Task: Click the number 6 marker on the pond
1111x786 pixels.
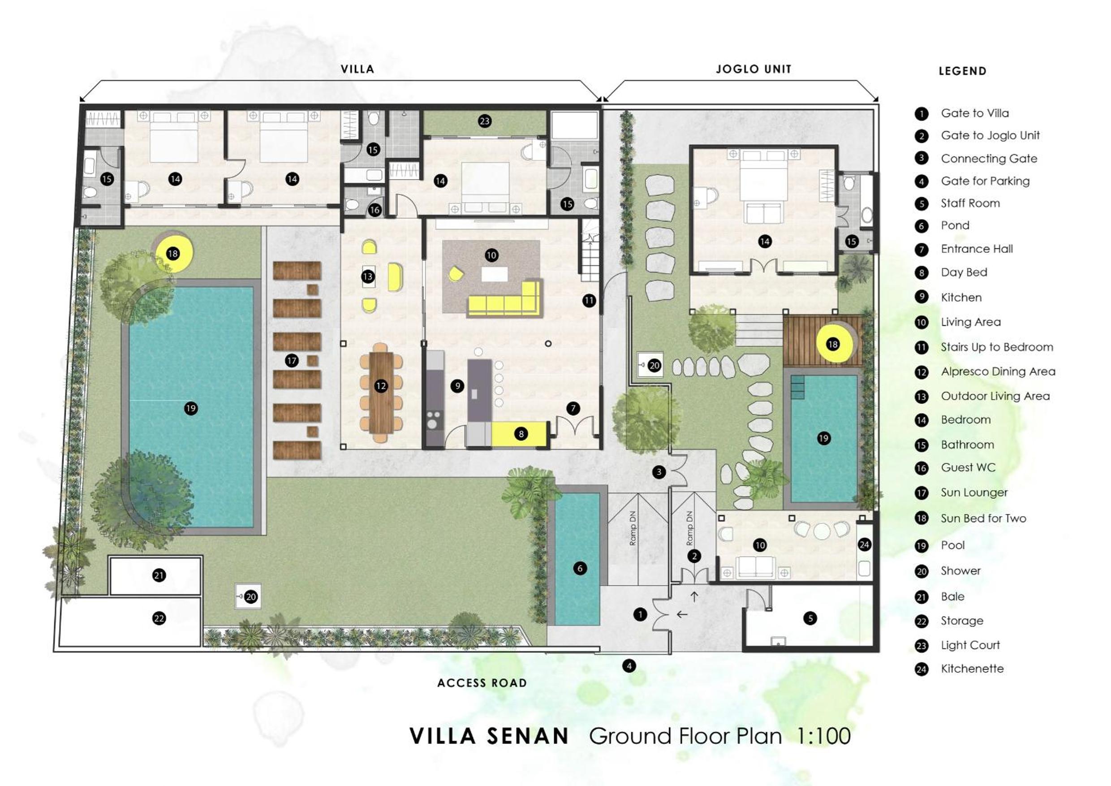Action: pos(580,569)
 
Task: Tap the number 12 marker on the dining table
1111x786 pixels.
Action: pos(381,386)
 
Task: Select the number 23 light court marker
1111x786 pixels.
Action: pos(484,121)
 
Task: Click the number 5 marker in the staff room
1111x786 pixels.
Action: pos(810,618)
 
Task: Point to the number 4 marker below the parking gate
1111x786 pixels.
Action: pos(629,666)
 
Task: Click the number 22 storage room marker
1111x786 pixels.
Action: pos(159,618)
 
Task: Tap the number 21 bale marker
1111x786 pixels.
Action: pos(159,575)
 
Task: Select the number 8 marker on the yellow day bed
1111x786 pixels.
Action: pos(521,434)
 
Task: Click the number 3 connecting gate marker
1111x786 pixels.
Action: pos(659,472)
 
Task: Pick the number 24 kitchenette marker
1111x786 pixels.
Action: pos(864,545)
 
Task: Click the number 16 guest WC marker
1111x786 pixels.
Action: pos(375,210)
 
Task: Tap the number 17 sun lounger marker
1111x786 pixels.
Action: pos(291,361)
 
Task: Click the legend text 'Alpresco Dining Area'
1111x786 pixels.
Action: pos(998,371)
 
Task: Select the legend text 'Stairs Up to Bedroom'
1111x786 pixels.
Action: pos(997,347)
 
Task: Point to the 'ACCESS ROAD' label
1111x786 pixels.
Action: pos(482,683)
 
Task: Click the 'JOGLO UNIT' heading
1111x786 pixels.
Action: pos(754,69)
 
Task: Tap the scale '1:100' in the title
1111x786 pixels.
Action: pos(823,736)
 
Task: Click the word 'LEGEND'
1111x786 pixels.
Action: pos(962,71)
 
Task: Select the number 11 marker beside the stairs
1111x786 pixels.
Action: pos(588,301)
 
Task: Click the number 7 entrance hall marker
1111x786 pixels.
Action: pos(573,409)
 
